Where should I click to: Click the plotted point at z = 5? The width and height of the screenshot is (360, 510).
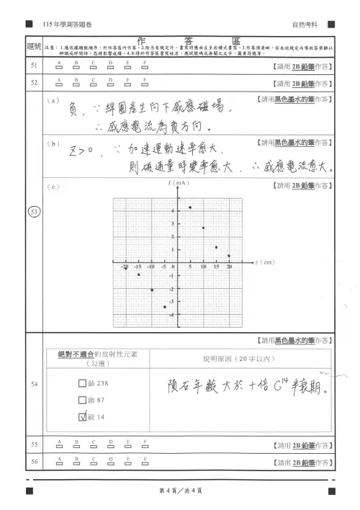pos(190,207)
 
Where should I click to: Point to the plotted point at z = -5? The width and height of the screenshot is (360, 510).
pos(164,307)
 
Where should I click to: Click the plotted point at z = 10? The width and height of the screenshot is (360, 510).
pos(203,228)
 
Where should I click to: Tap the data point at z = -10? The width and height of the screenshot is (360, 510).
pos(151,290)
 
